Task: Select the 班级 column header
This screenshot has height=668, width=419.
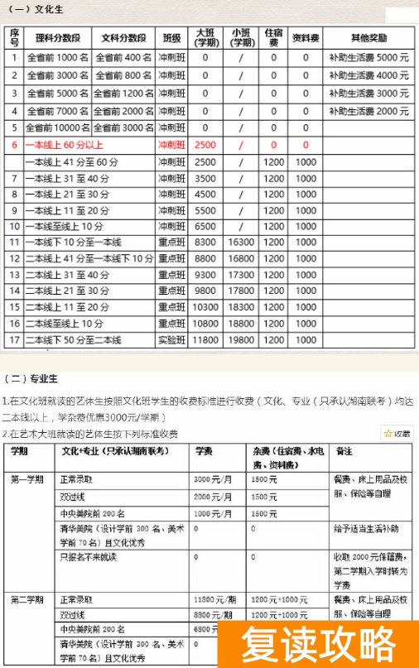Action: coord(172,38)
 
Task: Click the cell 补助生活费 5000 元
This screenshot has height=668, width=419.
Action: coord(368,58)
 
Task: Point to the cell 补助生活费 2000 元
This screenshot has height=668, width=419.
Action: coord(368,111)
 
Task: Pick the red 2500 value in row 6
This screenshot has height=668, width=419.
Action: coord(205,145)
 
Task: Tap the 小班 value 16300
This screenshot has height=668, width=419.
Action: coord(241,242)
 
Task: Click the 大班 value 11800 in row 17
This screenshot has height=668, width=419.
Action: coord(205,339)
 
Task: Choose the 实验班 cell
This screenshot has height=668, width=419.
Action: coord(172,339)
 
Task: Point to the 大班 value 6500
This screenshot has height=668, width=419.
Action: coord(205,226)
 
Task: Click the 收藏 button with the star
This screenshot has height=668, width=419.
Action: coord(397,433)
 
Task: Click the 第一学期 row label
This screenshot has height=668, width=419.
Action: coord(31,479)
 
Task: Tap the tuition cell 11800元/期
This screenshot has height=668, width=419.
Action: coord(212,598)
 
